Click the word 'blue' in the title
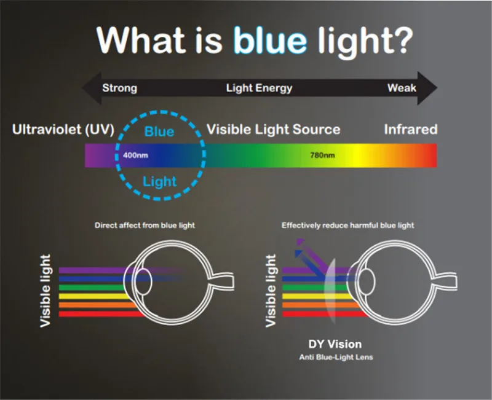pyautogui.click(x=270, y=40)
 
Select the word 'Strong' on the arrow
pyautogui.click(x=119, y=88)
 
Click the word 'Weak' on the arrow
pyautogui.click(x=402, y=88)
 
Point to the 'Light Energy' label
pyautogui.click(x=259, y=88)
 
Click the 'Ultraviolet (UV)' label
pyautogui.click(x=63, y=130)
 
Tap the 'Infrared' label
pyautogui.click(x=411, y=129)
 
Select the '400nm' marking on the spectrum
pyautogui.click(x=135, y=155)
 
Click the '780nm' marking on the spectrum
pyautogui.click(x=322, y=155)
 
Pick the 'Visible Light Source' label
pyautogui.click(x=273, y=130)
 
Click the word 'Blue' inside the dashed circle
pyautogui.click(x=159, y=131)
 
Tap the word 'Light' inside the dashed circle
pyautogui.click(x=160, y=181)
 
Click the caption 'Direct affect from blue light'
pyautogui.click(x=145, y=225)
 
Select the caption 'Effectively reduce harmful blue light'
pyautogui.click(x=347, y=225)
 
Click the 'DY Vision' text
pyautogui.click(x=335, y=344)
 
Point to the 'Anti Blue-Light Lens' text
pyautogui.click(x=336, y=357)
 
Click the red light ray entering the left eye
pyautogui.click(x=101, y=314)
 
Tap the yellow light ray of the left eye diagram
pyautogui.click(x=93, y=296)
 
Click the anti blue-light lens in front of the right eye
pyautogui.click(x=330, y=291)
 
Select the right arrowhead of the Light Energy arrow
pyautogui.click(x=427, y=88)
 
